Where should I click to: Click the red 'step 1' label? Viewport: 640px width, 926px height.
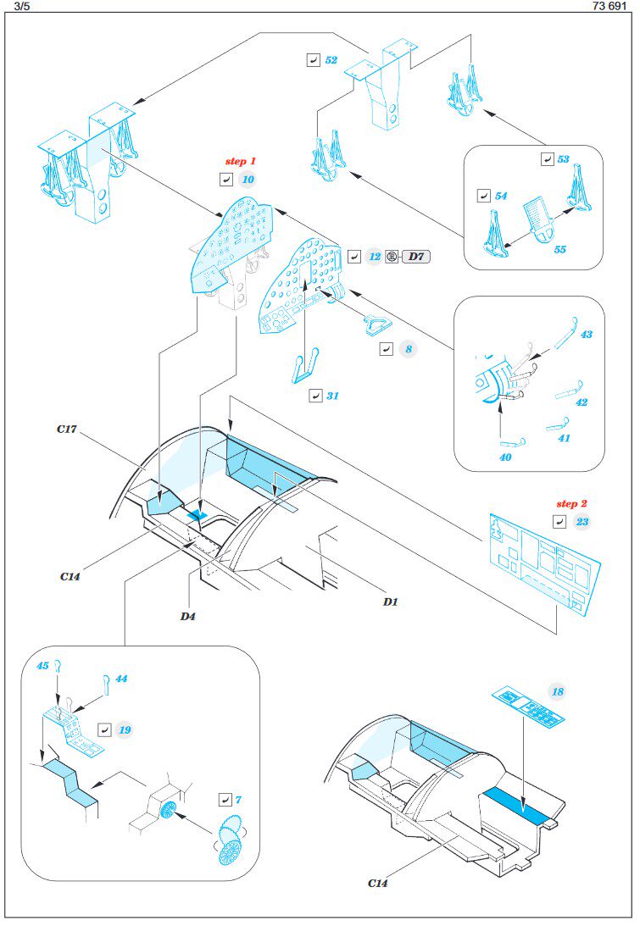click(240, 161)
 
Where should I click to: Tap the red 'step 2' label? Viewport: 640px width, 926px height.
click(572, 503)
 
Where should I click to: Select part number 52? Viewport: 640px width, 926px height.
click(331, 60)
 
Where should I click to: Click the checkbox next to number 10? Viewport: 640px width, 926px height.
click(225, 180)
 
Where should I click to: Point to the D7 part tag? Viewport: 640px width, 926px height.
click(416, 256)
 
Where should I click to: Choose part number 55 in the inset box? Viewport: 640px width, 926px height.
click(559, 250)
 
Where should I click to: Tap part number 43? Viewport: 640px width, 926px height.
click(586, 335)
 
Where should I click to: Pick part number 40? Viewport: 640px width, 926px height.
click(506, 457)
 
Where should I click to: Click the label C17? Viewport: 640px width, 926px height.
click(68, 430)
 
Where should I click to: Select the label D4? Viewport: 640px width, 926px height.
click(188, 616)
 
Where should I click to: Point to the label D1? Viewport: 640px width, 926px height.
click(390, 602)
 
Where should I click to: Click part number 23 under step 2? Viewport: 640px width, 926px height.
click(582, 522)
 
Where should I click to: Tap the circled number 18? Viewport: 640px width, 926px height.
click(557, 692)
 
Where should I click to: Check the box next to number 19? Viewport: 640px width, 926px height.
click(103, 729)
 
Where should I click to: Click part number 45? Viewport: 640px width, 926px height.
click(42, 667)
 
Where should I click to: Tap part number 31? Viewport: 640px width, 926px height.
click(332, 395)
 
